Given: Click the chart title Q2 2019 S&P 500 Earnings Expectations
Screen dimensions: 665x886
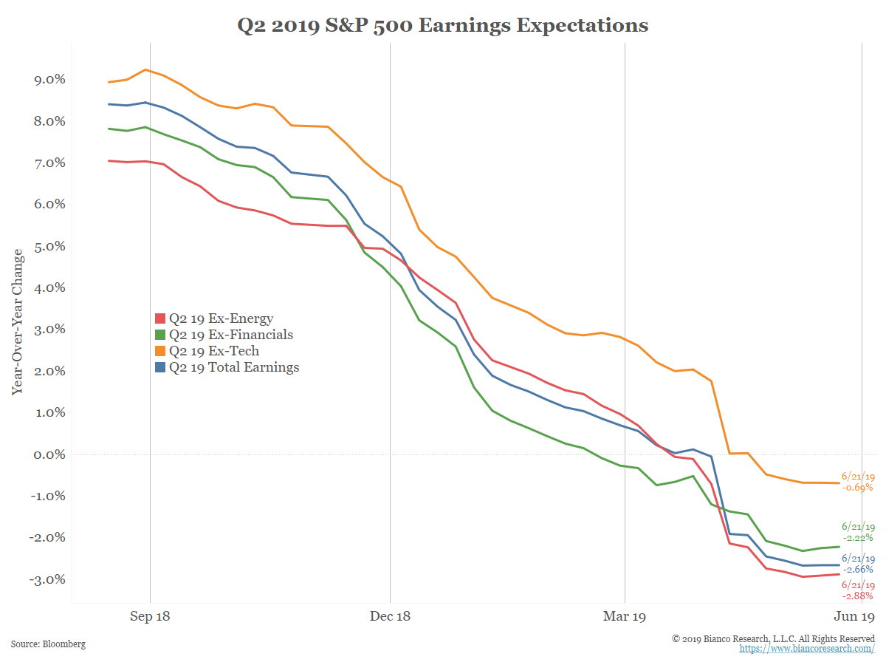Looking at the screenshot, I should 442,26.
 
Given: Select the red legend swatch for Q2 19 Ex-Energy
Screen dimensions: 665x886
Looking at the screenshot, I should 159,318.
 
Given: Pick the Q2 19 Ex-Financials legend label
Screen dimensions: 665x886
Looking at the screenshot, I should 230,335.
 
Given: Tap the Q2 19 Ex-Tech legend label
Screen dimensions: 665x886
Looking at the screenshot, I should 214,351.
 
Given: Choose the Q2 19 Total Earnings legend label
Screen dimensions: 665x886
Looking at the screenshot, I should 234,367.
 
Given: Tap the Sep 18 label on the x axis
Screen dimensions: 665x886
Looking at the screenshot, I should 150,616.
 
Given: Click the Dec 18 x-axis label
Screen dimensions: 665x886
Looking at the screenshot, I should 390,616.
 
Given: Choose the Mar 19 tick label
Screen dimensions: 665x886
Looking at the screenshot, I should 625,616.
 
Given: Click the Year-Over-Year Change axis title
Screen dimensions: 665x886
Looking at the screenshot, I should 17,321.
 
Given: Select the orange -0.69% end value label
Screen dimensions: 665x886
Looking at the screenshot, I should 857,488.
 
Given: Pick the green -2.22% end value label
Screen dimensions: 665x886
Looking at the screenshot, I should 857,538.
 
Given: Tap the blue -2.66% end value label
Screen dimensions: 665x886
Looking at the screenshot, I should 857,570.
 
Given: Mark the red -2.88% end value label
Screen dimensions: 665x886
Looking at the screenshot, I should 857,596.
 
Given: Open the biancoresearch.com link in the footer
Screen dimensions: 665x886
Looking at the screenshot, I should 807,649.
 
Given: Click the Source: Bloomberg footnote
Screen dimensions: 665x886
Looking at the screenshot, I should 48,644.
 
